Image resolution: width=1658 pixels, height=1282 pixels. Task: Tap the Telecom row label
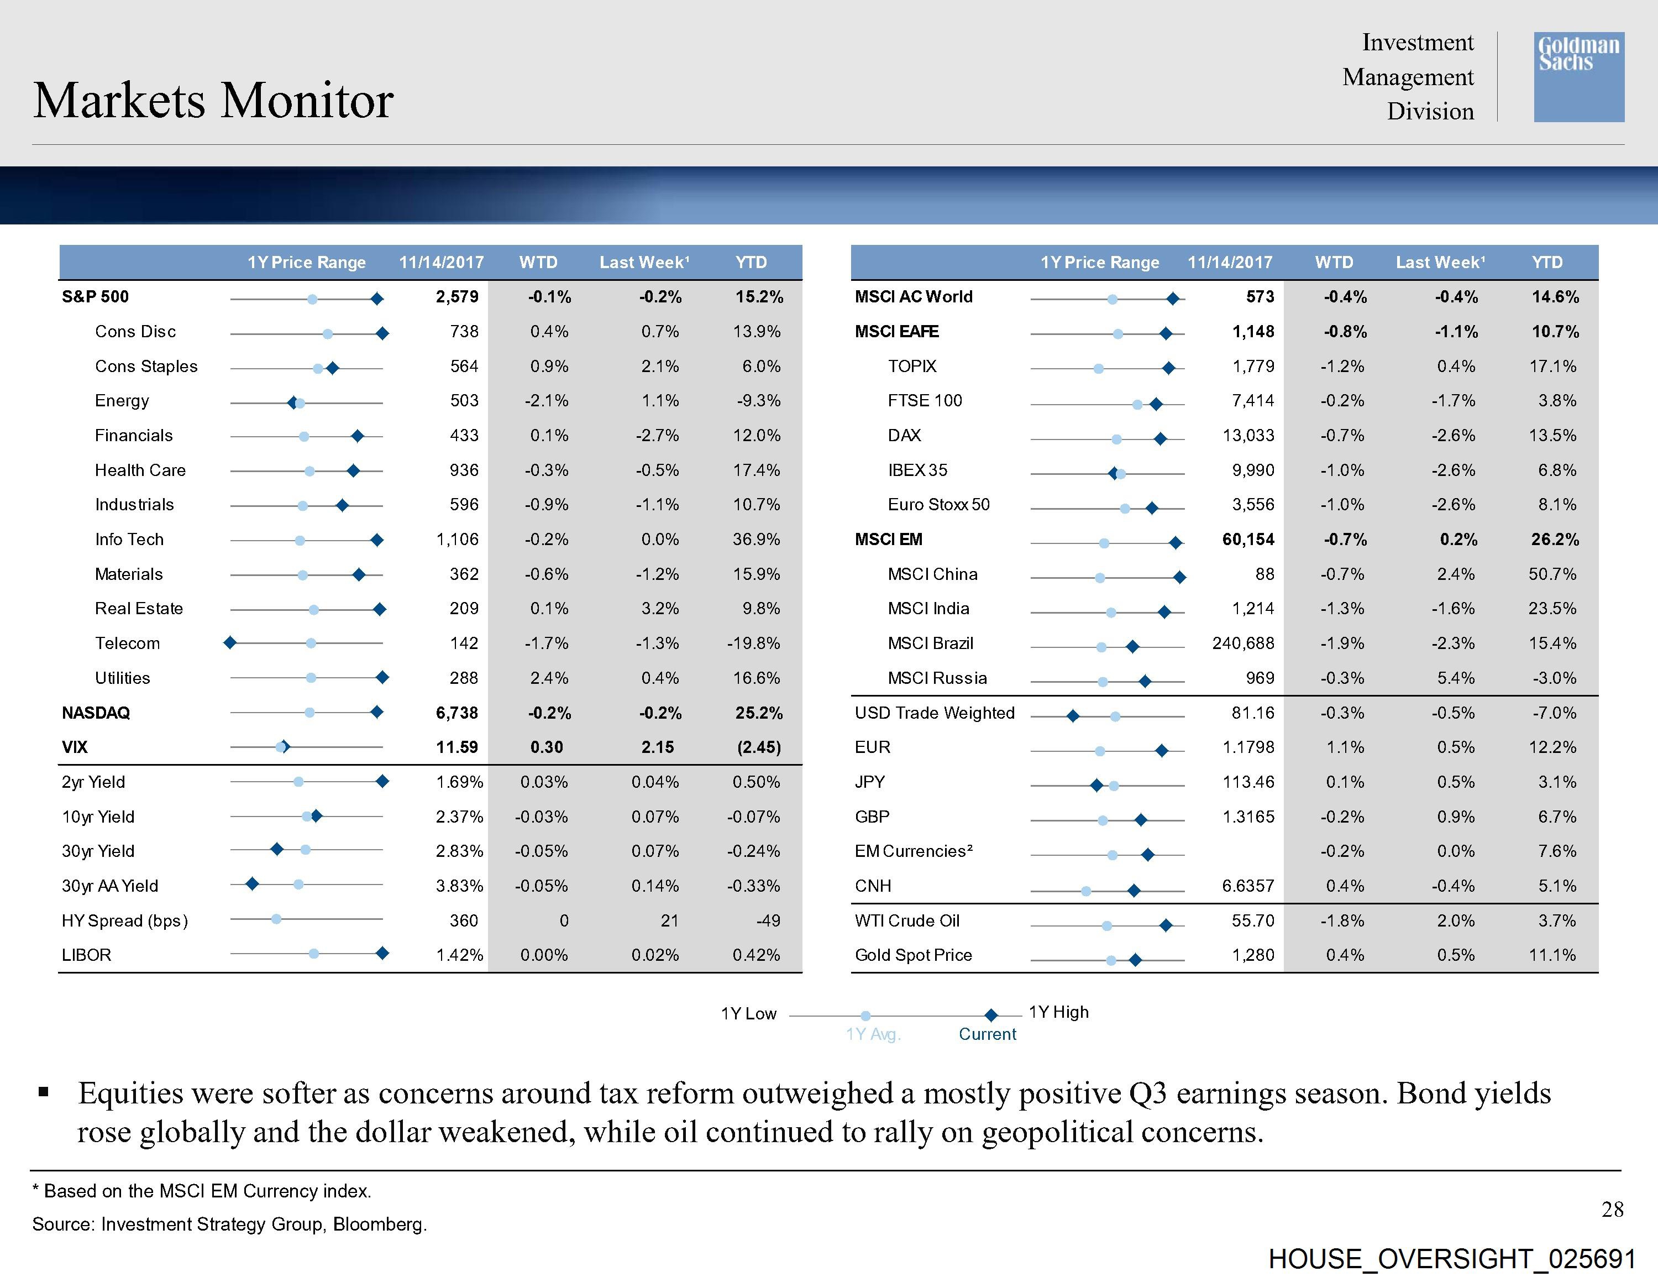click(x=128, y=643)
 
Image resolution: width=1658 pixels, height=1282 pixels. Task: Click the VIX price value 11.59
click(x=457, y=747)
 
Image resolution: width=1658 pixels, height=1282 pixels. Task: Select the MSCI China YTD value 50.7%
click(x=1552, y=574)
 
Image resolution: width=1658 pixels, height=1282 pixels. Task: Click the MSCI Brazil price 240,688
click(x=1243, y=643)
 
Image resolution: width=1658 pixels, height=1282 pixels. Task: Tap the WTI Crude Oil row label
click(x=907, y=920)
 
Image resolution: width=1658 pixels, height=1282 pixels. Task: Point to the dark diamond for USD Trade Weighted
click(x=1073, y=716)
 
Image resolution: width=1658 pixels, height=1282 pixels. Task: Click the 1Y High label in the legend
click(x=1058, y=1012)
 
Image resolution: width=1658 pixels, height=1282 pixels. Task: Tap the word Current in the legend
click(x=987, y=1034)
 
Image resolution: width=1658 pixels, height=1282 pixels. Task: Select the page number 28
click(x=1613, y=1209)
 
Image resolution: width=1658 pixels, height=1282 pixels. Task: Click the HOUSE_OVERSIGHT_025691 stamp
click(x=1451, y=1259)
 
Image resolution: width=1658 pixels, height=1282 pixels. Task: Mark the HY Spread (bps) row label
click(x=124, y=920)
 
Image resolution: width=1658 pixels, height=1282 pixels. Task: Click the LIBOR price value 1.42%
click(x=459, y=955)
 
